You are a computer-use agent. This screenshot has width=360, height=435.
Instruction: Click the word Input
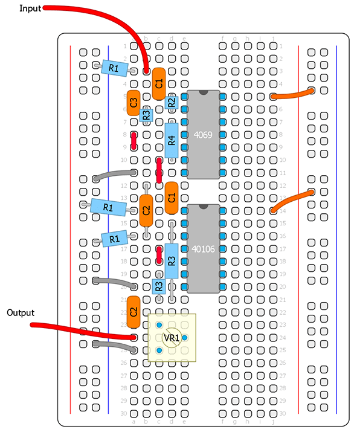(x=30, y=8)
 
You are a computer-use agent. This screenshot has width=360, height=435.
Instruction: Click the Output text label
(x=21, y=313)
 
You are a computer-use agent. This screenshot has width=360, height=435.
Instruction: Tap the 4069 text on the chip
(x=203, y=135)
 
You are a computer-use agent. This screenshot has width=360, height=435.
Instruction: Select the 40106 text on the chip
(x=204, y=249)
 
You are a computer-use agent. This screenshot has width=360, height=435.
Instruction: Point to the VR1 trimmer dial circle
(x=172, y=338)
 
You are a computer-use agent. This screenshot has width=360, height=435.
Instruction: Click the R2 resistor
(x=172, y=103)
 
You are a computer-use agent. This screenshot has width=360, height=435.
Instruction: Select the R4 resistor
(x=172, y=140)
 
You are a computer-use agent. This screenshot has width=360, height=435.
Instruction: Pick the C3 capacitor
(x=133, y=103)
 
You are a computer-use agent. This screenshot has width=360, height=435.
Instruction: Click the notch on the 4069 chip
(x=204, y=92)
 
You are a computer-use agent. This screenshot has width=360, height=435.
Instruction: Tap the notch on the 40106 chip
(x=204, y=207)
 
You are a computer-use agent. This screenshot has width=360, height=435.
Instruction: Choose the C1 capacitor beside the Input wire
(x=159, y=84)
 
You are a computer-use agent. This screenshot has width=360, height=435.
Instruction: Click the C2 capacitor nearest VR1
(x=133, y=312)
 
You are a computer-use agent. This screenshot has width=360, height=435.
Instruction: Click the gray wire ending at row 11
(x=114, y=174)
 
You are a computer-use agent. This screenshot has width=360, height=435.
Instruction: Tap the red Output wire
(x=83, y=332)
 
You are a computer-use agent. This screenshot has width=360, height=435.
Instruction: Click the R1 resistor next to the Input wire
(x=115, y=68)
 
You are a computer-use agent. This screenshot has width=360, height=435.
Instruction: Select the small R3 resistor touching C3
(x=146, y=115)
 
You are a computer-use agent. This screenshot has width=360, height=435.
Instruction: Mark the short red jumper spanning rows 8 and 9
(x=133, y=141)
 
